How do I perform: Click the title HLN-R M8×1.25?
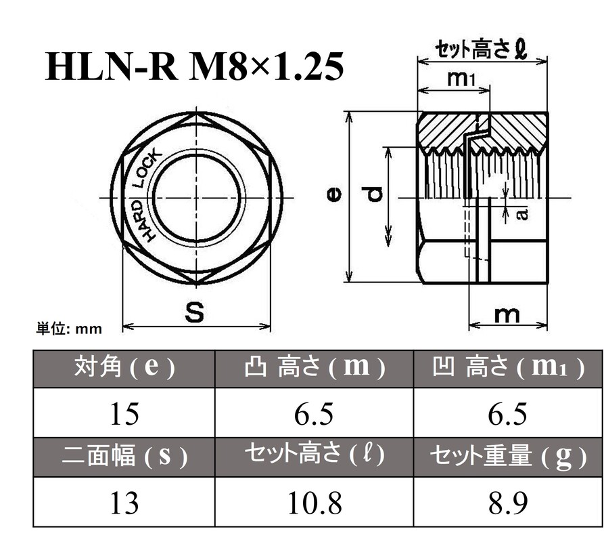[x=195, y=67]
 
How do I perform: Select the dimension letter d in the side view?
[x=375, y=196]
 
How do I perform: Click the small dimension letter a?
[x=521, y=213]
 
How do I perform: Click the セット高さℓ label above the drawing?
[x=481, y=49]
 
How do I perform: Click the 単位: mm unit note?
[x=69, y=329]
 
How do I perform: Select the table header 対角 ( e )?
[x=124, y=368]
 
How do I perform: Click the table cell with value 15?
[x=124, y=413]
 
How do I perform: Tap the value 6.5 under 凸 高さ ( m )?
[x=314, y=413]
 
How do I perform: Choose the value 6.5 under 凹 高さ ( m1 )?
[x=507, y=413]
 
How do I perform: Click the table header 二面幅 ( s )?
[x=124, y=457]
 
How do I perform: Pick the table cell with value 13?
[x=124, y=503]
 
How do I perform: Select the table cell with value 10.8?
[x=314, y=503]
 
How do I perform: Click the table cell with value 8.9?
[x=507, y=503]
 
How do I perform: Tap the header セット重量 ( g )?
[x=507, y=457]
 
